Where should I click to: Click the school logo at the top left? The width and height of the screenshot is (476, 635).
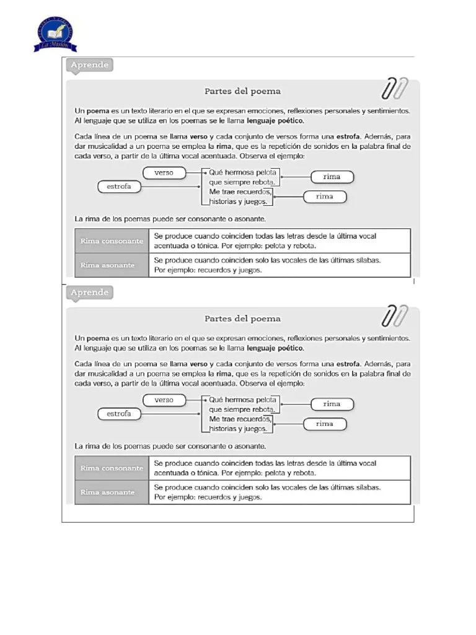pos(55,33)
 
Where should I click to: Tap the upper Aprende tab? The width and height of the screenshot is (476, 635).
pos(90,64)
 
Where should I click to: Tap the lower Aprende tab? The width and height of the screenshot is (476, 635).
pos(90,292)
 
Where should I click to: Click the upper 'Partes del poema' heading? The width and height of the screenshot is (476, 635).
pos(242,91)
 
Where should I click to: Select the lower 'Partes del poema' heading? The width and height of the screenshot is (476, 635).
pos(242,319)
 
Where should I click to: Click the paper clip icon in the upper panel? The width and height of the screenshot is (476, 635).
pos(394,89)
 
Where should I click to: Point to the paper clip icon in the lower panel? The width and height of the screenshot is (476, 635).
pos(394,316)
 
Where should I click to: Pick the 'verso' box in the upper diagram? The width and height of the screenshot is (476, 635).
pos(164,172)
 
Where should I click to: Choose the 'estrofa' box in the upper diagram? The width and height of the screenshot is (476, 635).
pos(119,186)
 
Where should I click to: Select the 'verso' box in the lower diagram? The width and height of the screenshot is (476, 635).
pos(164,400)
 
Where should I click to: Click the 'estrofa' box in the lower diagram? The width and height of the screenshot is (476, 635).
pos(119,414)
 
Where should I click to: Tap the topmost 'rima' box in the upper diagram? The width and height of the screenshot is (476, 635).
pos(332,177)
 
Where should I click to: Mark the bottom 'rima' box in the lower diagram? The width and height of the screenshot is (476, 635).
pos(325,424)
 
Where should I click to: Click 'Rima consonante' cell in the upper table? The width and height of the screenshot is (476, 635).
pos(112,241)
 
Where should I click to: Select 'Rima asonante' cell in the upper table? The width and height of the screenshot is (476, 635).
pos(112,265)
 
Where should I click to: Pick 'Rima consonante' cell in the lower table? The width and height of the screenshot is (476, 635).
pos(112,468)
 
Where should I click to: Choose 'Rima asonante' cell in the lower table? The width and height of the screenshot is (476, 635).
pos(112,492)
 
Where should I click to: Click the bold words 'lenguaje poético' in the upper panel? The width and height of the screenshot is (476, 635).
pos(276,120)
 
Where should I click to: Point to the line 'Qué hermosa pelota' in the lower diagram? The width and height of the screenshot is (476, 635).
pos(243,400)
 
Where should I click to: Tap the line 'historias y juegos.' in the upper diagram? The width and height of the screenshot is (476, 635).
pos(239,202)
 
